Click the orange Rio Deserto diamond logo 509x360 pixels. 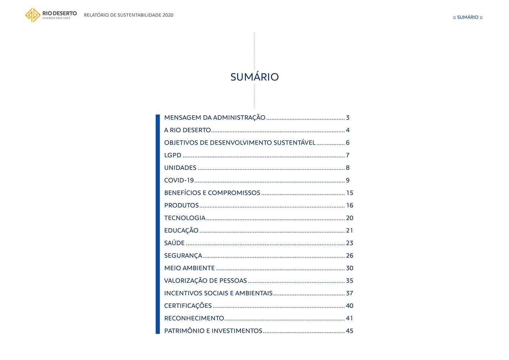click(x=32, y=15)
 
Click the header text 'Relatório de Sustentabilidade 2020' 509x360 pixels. click(x=129, y=15)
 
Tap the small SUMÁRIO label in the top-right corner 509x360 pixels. click(x=468, y=17)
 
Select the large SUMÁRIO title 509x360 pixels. click(x=254, y=77)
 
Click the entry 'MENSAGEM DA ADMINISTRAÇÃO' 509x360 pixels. click(x=215, y=118)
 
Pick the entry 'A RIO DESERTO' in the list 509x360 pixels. click(x=187, y=130)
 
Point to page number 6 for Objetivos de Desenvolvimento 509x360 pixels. click(x=348, y=143)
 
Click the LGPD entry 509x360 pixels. click(x=173, y=156)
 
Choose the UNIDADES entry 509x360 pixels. click(x=180, y=168)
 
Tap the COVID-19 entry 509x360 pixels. click(x=179, y=180)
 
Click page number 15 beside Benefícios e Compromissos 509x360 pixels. click(x=350, y=193)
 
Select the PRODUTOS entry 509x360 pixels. click(x=181, y=206)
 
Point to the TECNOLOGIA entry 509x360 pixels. click(x=185, y=218)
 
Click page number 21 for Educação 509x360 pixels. click(x=350, y=231)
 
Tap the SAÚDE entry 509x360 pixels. click(x=174, y=243)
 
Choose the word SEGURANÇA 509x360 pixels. click(x=183, y=256)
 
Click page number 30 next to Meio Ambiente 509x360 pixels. click(x=350, y=268)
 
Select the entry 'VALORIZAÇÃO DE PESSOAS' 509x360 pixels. click(x=206, y=281)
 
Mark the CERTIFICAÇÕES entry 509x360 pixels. click(x=188, y=306)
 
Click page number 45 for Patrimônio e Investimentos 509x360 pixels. click(x=350, y=331)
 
